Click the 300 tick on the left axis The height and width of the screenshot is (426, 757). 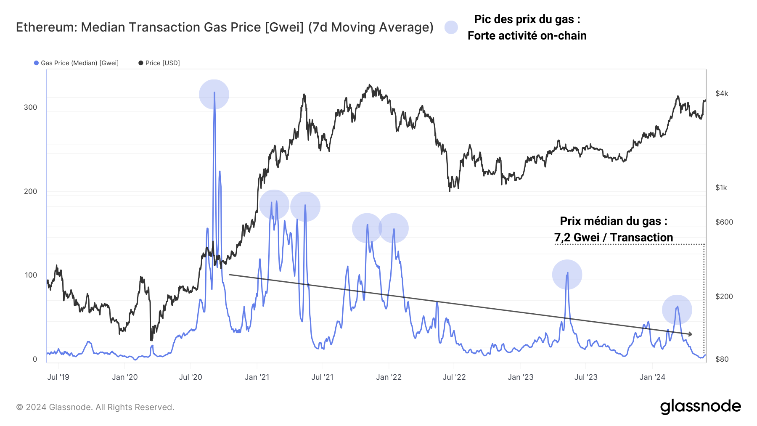[30, 107]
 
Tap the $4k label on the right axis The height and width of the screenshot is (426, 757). [722, 93]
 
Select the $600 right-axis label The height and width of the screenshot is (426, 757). [724, 222]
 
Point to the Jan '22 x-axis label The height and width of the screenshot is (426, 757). [389, 377]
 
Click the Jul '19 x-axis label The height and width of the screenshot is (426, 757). [58, 377]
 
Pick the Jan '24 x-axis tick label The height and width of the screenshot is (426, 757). [652, 377]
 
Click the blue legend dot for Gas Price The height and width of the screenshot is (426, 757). [37, 63]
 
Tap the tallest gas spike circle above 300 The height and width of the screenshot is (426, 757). [214, 94]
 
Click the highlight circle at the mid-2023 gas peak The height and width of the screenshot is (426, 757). [567, 275]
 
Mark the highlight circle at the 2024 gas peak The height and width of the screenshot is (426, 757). [677, 310]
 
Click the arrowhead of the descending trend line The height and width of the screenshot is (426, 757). [690, 334]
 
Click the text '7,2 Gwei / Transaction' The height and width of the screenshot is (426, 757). [613, 238]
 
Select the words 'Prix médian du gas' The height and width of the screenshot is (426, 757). [610, 221]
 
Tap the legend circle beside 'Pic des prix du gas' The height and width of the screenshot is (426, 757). [451, 27]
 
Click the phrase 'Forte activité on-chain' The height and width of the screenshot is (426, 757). [527, 36]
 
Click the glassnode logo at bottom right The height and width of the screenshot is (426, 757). [700, 407]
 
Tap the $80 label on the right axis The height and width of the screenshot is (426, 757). [722, 359]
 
